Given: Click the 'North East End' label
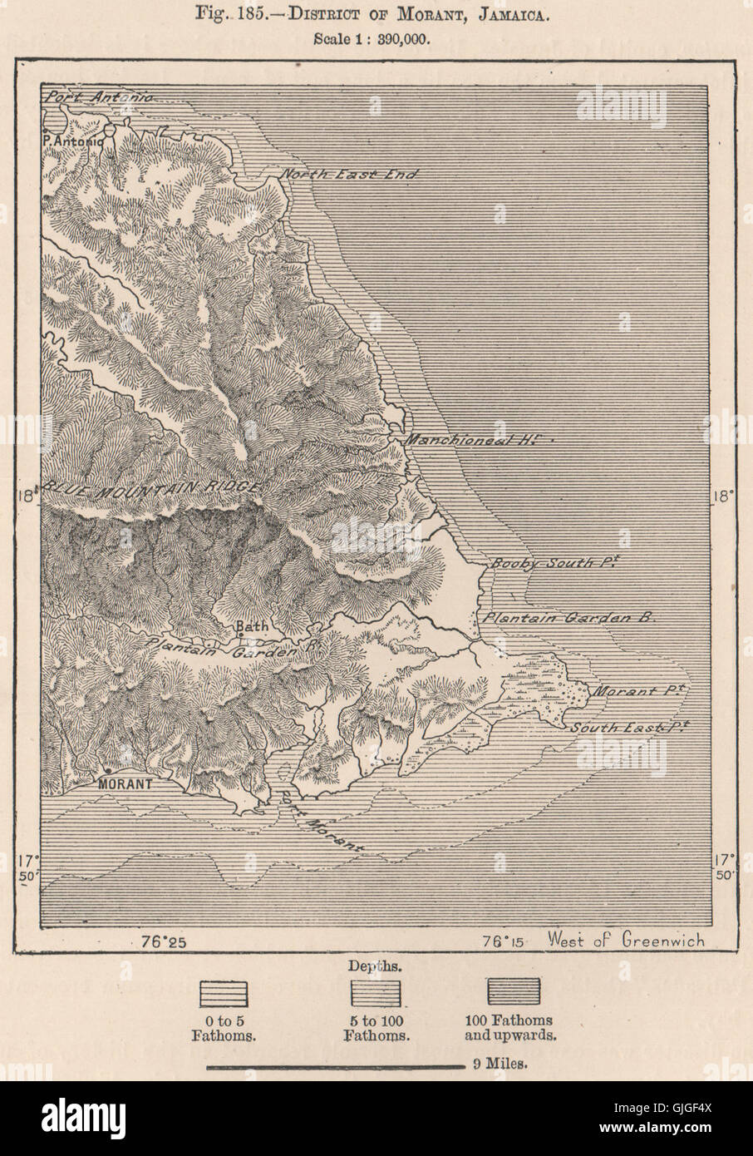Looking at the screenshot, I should pos(347,175).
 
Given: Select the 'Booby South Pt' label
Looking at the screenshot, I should pos(554,563).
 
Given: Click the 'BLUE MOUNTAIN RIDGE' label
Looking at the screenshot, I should pos(154,489).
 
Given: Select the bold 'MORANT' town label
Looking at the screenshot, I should pos(125,783).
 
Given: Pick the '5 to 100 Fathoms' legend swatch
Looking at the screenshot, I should pos(376,993).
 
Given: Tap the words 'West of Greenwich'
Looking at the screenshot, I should pos(626,941).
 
